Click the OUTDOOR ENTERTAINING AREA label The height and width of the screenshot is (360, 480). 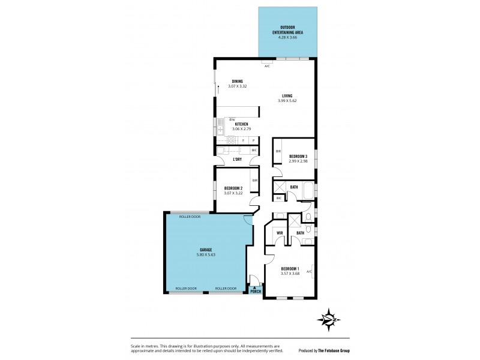(287, 32)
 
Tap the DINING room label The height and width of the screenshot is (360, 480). (237, 81)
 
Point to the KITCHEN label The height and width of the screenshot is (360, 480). (242, 124)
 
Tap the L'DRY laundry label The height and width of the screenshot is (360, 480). (237, 159)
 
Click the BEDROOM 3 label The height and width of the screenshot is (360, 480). (298, 156)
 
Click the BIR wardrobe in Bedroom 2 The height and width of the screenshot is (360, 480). (255, 181)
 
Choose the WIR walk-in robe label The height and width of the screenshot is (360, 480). (279, 232)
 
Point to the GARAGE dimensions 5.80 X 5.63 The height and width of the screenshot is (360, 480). (206, 254)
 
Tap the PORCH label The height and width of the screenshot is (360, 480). (256, 292)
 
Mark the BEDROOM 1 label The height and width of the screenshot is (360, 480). (290, 269)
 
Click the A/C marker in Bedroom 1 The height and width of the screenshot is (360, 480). (309, 272)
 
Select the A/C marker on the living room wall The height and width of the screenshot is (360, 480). (267, 67)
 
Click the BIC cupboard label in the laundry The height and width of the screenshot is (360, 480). (254, 150)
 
